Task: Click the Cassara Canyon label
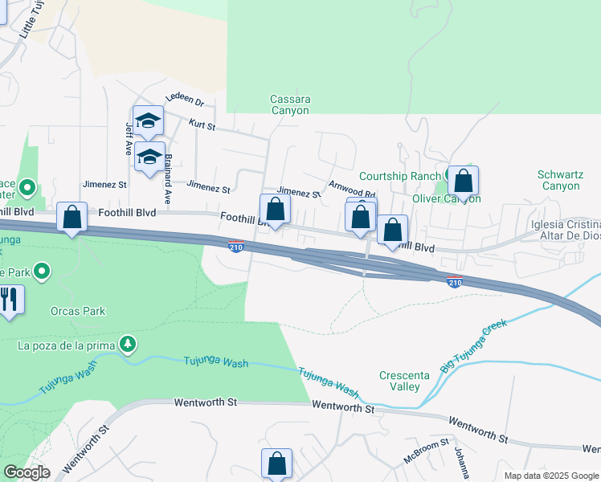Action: click(289, 105)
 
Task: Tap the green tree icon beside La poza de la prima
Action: click(127, 345)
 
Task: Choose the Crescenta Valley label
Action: click(400, 381)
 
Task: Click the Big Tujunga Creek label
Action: click(473, 346)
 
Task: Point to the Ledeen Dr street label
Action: click(185, 100)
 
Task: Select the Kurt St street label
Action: click(202, 125)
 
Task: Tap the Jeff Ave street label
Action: click(128, 138)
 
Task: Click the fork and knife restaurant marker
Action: click(9, 300)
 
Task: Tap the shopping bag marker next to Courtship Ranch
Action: click(463, 181)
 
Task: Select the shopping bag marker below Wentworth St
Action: click(276, 464)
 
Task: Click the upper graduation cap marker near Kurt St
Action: click(148, 120)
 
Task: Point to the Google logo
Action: click(27, 472)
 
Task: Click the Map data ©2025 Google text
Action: click(550, 476)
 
